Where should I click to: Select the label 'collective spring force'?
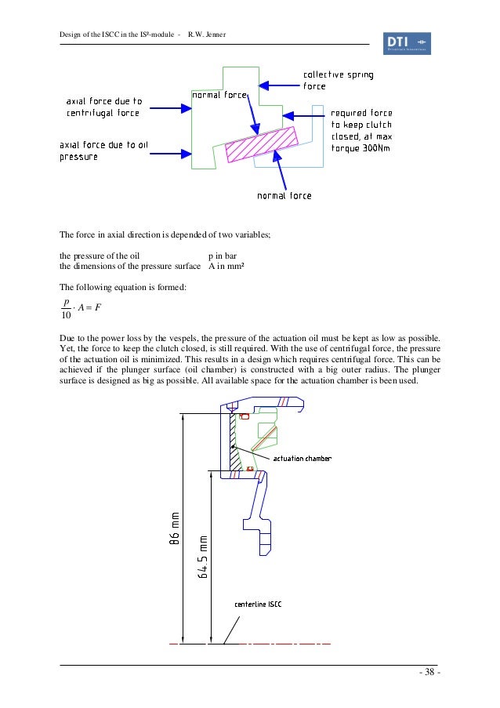coord(338,81)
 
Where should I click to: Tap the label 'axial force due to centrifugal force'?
coord(103,107)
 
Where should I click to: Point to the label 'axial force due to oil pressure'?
coord(102,151)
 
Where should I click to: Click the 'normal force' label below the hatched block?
coord(284,195)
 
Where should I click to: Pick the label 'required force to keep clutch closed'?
coord(361,130)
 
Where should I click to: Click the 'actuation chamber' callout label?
coord(302,458)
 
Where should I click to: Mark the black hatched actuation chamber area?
coord(233,447)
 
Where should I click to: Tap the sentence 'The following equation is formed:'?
coord(123,286)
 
